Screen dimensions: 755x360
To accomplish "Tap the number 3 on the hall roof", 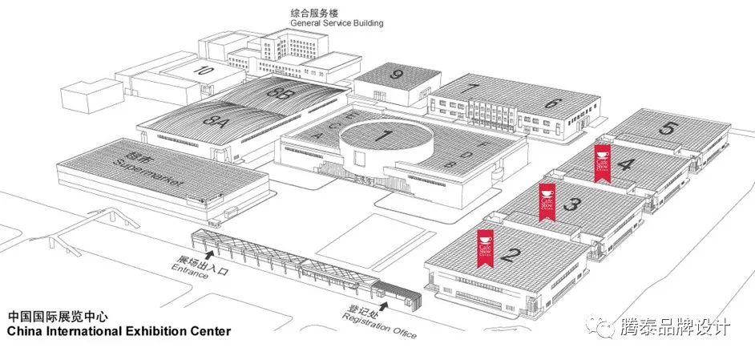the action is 571,204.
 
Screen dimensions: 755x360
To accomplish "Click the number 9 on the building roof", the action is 396,75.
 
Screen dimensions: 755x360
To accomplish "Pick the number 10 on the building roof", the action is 204,71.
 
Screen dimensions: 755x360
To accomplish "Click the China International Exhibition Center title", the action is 118,330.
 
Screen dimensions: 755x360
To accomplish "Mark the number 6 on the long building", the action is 551,103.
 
